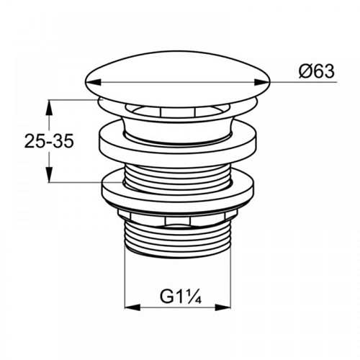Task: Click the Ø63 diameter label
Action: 317,71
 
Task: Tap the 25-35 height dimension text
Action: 49,141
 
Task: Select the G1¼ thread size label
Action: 181,297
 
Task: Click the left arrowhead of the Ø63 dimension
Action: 93,82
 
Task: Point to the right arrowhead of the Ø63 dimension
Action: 262,82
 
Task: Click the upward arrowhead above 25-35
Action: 49,107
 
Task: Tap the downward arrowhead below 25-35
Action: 49,175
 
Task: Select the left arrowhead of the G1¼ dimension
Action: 132,307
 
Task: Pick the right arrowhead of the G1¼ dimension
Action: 222,307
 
